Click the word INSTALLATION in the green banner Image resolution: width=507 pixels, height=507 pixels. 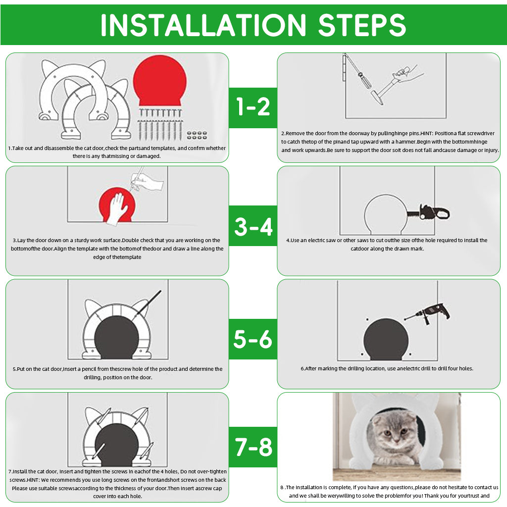(x=203, y=25)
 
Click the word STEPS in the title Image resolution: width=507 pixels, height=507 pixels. (x=362, y=25)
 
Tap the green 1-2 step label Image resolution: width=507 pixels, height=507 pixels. (x=253, y=107)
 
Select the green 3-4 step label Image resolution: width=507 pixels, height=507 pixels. (x=253, y=226)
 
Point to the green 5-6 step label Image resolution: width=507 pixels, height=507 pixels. (x=253, y=339)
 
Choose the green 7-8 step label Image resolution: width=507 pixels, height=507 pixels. (x=253, y=447)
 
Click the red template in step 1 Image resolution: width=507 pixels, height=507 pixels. (x=160, y=81)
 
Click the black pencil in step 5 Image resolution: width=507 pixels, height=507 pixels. (x=149, y=303)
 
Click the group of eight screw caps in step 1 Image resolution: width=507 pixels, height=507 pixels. (x=197, y=135)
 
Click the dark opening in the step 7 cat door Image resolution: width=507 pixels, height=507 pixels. (x=117, y=445)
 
